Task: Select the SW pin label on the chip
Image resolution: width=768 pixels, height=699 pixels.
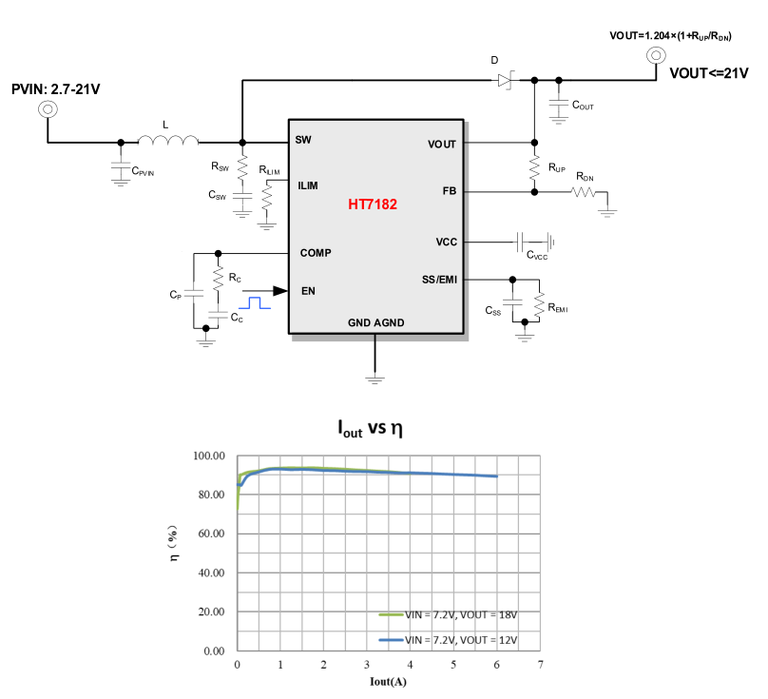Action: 303,140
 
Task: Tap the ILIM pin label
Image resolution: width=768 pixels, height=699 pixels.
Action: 307,185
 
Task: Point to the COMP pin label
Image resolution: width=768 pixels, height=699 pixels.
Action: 316,253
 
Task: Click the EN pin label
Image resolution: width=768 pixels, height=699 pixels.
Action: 308,291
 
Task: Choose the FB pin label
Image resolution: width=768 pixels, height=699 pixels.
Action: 450,191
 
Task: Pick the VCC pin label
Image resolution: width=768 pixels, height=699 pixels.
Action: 447,243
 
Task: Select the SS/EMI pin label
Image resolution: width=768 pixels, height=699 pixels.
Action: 439,280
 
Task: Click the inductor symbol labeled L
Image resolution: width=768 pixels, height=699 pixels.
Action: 168,141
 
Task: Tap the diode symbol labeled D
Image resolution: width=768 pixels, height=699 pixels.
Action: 504,81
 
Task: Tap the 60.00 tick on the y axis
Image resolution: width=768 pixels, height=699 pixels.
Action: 208,534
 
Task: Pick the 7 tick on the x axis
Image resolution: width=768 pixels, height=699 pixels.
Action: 540,665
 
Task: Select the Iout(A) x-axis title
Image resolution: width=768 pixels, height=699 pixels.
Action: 390,681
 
